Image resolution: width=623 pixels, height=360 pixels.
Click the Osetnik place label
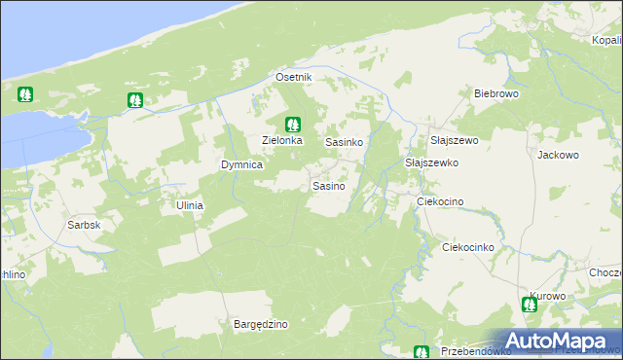(x=293, y=77)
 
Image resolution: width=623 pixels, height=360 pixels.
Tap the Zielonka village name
(x=283, y=140)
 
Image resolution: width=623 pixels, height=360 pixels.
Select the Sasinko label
(x=345, y=141)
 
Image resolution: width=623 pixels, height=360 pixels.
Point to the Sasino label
(x=328, y=185)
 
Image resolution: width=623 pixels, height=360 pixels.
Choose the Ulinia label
(x=189, y=205)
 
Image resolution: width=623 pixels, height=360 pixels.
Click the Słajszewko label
(x=431, y=162)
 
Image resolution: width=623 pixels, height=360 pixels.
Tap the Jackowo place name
(x=558, y=154)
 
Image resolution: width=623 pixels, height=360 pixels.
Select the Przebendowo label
(x=476, y=351)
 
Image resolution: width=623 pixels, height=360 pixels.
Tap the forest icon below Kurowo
(x=530, y=305)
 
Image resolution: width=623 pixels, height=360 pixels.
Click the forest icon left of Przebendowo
(x=421, y=352)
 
